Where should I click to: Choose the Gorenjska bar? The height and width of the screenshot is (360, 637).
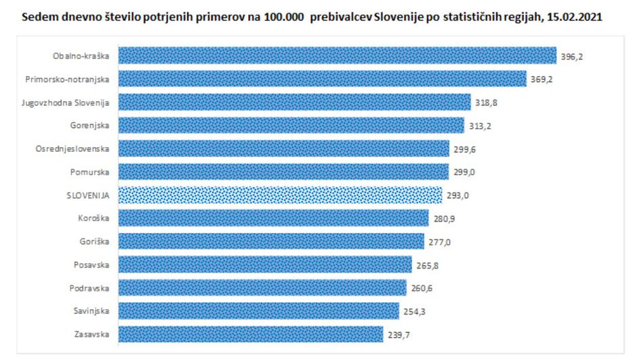[x=291, y=125]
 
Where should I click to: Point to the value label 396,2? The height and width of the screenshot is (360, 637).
[x=572, y=56]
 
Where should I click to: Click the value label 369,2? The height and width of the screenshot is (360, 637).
[x=542, y=79]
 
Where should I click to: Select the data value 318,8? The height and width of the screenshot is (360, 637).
[x=487, y=102]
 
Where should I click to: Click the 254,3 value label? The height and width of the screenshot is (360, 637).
[x=415, y=311]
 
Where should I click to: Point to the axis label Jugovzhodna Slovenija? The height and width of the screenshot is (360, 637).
[x=76, y=102]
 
